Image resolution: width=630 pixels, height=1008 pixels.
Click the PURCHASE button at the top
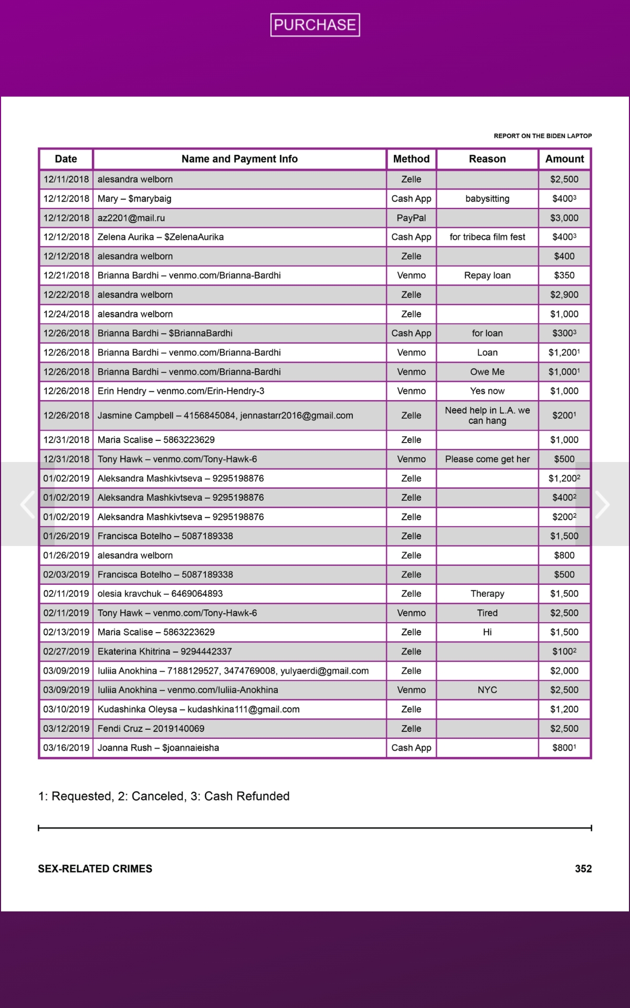(315, 25)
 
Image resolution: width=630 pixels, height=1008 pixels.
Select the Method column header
(411, 159)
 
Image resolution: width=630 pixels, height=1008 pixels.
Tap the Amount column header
(564, 159)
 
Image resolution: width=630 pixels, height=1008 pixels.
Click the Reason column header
(487, 159)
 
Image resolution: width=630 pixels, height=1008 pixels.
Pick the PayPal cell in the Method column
(411, 218)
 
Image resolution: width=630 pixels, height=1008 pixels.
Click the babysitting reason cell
(487, 198)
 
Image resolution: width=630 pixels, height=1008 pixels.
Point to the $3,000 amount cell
(564, 218)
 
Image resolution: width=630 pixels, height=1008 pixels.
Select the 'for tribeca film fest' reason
(487, 237)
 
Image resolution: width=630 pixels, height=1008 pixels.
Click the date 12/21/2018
(66, 275)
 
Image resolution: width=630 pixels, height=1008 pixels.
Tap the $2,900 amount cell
(564, 295)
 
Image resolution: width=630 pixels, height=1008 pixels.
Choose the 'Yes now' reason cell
(487, 391)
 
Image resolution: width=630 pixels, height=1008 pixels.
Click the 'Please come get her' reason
(487, 459)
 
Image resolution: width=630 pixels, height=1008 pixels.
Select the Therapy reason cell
(487, 594)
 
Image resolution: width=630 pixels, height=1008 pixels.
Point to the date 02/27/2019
(66, 652)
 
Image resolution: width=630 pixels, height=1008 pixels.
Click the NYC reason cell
(487, 690)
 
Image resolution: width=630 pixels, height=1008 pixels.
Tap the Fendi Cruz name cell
(151, 729)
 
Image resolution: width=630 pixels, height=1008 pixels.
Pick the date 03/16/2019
(66, 748)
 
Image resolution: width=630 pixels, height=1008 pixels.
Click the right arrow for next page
(602, 505)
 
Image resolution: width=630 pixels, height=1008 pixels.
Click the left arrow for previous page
(27, 505)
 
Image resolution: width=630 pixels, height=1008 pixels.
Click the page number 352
(583, 869)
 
